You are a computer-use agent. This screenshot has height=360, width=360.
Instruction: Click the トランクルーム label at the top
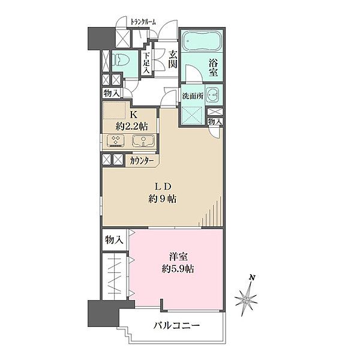pyautogui.click(x=143, y=22)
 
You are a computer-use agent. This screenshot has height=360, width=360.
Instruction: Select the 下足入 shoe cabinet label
pyautogui.click(x=146, y=62)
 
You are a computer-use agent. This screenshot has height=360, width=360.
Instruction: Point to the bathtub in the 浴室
pyautogui.click(x=202, y=43)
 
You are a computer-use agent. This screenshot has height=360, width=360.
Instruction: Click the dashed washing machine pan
pyautogui.click(x=193, y=113)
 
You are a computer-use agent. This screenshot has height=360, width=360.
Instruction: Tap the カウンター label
pyautogui.click(x=142, y=161)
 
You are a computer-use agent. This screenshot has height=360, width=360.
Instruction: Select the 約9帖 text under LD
pyautogui.click(x=163, y=199)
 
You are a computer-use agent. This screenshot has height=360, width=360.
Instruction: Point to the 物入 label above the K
pyautogui.click(x=111, y=94)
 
